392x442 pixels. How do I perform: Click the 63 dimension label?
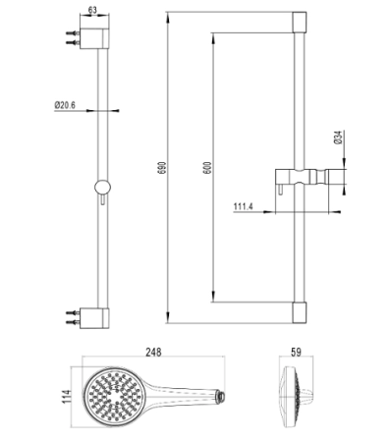[92, 10]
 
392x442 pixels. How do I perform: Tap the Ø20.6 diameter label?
[65, 105]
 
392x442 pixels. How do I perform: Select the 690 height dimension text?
[163, 168]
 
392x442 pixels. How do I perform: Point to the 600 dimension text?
[208, 168]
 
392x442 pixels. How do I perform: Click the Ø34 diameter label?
[338, 138]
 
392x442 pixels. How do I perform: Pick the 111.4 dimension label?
[243, 207]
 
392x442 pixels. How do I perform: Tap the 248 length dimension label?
[153, 352]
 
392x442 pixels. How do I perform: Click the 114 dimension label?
[67, 397]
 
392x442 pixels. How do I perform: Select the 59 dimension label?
[296, 352]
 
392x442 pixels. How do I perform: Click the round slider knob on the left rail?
[102, 188]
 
